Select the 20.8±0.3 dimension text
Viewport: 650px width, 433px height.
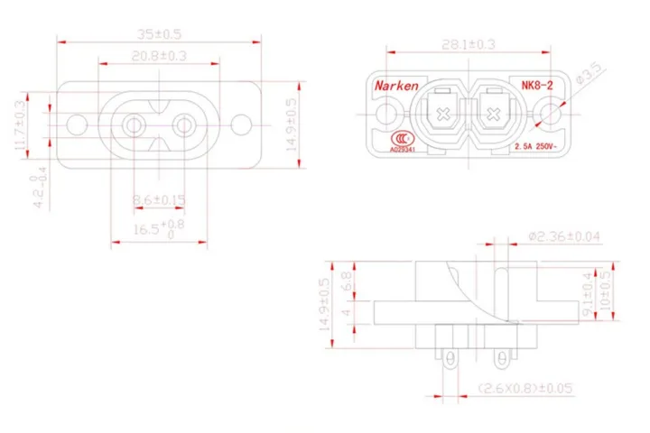pos(158,56)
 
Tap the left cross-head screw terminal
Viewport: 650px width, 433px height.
pos(443,115)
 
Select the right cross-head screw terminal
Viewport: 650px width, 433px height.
pos(495,115)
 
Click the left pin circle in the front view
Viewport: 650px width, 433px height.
pos(135,122)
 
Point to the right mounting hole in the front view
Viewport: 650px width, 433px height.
pos(241,122)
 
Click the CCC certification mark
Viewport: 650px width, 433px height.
pos(396,139)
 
